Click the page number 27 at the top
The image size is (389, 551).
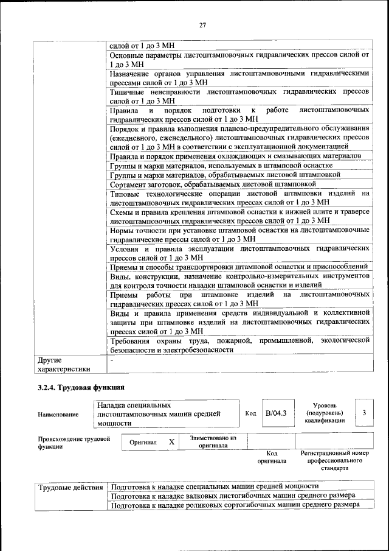tap(202, 24)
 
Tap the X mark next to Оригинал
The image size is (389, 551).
tap(171, 442)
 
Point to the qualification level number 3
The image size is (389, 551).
tap(363, 413)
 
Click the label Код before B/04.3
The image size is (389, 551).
tap(250, 413)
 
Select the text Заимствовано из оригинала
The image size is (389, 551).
tap(213, 441)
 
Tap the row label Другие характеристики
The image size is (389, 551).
tap(64, 364)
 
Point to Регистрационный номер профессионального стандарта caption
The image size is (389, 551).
tap(335, 462)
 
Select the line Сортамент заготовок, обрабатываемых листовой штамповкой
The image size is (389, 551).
tap(213, 183)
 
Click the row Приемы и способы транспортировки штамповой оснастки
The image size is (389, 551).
tap(238, 267)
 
